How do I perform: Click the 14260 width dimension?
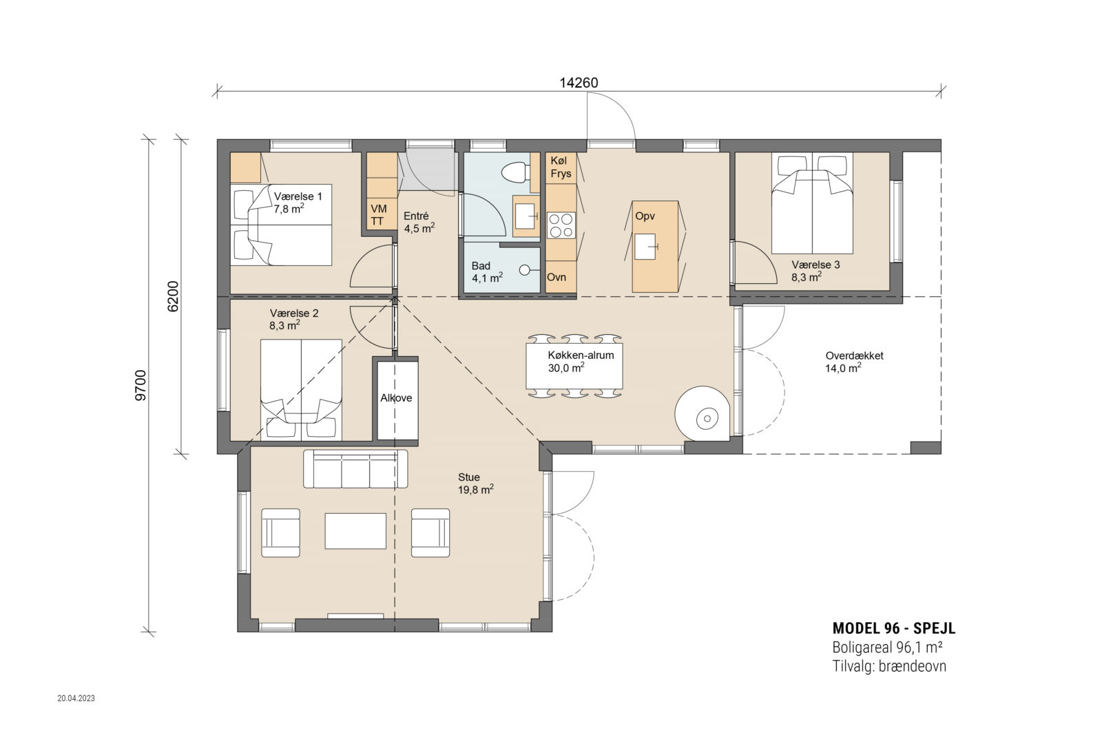[579, 83]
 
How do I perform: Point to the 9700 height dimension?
[141, 385]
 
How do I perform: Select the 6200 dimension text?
[173, 296]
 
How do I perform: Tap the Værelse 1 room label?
[298, 203]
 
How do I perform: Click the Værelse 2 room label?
[293, 320]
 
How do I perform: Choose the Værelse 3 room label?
[815, 271]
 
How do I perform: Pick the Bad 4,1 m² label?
[487, 272]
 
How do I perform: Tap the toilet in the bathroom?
[515, 172]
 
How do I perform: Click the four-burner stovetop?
[561, 225]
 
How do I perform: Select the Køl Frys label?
[561, 167]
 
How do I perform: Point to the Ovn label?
[557, 277]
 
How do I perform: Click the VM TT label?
[378, 215]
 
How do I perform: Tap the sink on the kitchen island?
[645, 247]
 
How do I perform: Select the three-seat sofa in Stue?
[355, 468]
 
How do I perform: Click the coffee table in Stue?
[355, 531]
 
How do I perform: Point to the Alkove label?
[396, 398]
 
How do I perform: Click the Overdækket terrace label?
[854, 362]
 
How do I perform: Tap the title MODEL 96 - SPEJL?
[893, 628]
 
